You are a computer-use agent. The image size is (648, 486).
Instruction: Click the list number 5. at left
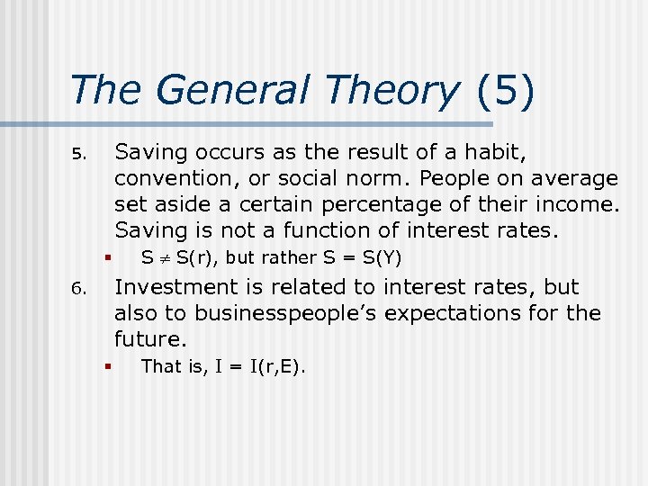[77, 153]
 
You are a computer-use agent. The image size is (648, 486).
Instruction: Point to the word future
[149, 340]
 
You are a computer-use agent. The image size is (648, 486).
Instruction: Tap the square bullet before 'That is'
[106, 366]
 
